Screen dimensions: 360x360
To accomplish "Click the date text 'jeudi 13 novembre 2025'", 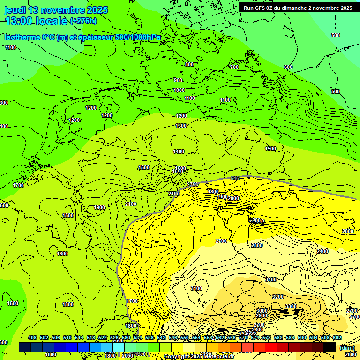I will click(56, 10).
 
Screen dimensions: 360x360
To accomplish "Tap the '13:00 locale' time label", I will click(36, 21).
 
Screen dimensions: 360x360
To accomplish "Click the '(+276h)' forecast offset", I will click(83, 21).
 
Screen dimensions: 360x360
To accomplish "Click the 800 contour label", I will click(189, 64).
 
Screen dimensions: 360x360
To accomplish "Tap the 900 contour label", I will click(178, 80).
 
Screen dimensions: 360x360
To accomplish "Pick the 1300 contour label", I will click(181, 126).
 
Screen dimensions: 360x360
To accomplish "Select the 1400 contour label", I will click(179, 151).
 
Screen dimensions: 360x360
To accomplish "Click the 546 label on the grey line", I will click(235, 178).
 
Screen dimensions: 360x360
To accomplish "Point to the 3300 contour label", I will click(291, 306).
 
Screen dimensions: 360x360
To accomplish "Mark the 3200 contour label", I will click(278, 297).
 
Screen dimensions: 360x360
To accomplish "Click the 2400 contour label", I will click(322, 252).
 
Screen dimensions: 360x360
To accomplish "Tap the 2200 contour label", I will click(255, 220).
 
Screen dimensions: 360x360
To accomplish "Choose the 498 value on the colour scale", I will click(32, 337).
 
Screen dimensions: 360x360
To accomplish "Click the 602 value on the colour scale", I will click(337, 337).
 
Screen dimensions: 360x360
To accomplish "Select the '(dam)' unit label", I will click(347, 347).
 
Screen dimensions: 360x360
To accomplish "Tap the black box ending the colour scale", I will click(330, 347).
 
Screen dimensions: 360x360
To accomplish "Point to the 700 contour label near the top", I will click(234, 67).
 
